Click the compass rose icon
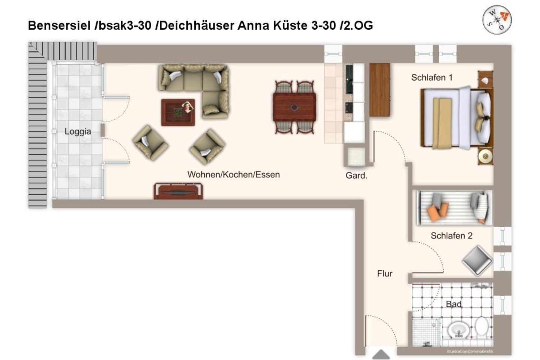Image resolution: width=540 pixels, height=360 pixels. tap(497, 19)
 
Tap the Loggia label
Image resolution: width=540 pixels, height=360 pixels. tap(78, 132)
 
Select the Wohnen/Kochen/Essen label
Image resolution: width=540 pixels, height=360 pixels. tap(233, 174)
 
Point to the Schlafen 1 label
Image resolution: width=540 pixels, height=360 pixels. tap(432, 78)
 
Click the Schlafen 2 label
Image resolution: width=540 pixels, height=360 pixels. tap(451, 236)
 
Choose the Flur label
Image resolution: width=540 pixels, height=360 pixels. tap(384, 274)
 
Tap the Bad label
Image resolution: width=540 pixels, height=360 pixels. tap(453, 304)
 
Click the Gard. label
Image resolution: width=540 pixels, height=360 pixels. tap(356, 175)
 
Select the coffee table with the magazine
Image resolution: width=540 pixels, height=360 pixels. tap(178, 112)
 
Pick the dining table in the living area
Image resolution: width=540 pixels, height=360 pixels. tap(294, 107)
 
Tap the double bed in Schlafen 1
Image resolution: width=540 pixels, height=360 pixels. tap(456, 118)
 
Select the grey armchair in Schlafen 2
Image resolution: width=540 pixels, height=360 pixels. tap(477, 261)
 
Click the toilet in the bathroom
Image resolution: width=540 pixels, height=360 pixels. tap(481, 328)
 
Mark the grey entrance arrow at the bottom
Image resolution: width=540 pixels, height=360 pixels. tap(381, 354)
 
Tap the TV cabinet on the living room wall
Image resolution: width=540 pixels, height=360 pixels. tap(178, 191)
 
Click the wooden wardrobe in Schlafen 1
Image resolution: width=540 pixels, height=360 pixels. tap(379, 90)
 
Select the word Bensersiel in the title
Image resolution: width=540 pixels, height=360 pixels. tap(60, 25)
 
